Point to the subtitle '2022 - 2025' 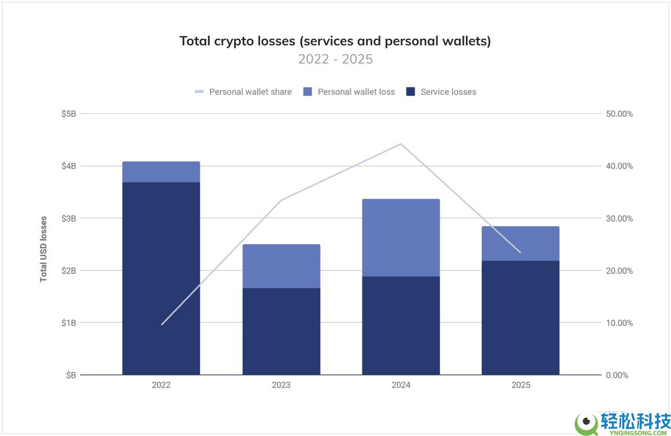(335, 59)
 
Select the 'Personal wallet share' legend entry (243, 92)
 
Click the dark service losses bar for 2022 (161, 278)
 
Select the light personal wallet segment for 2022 (161, 172)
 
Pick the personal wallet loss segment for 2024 (401, 237)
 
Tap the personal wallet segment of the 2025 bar (521, 244)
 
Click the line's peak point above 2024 (401, 144)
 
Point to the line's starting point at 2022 (161, 325)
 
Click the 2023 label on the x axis (281, 385)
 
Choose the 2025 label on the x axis (521, 385)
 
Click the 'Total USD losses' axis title (44, 249)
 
